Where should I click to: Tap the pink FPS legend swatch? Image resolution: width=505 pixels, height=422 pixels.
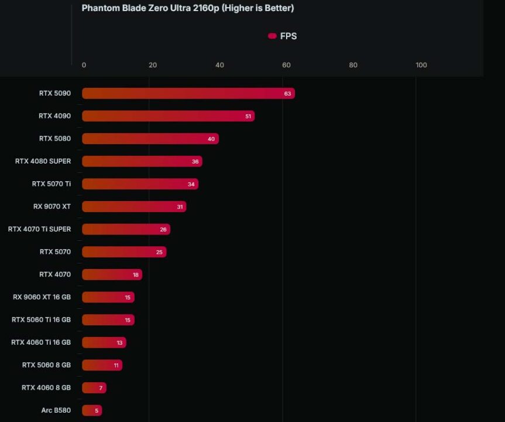[x=272, y=36]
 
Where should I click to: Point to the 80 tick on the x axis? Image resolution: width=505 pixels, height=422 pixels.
[x=353, y=65]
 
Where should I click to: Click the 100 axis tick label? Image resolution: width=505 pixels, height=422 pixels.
[x=421, y=65]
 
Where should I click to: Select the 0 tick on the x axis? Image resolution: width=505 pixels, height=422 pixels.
[x=84, y=65]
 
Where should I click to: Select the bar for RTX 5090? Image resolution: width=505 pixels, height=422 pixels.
[x=188, y=93]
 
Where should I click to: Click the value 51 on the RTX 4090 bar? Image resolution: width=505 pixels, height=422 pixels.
[x=248, y=116]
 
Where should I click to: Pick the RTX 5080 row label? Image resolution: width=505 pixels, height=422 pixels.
[x=55, y=138]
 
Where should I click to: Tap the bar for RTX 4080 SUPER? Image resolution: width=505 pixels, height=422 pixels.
[x=142, y=161]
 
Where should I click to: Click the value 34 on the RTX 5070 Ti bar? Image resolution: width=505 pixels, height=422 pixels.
[x=191, y=184]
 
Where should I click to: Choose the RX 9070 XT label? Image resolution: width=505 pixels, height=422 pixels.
[x=52, y=206]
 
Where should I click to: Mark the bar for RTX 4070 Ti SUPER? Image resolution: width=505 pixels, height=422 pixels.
[x=126, y=229]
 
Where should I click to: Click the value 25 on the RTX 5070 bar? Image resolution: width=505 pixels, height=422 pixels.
[x=159, y=252]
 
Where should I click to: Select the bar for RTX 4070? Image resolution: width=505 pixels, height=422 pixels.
[x=112, y=274]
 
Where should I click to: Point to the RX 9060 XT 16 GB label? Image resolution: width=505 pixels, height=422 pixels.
[x=42, y=297]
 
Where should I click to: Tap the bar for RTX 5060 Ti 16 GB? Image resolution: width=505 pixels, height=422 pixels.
[x=108, y=320]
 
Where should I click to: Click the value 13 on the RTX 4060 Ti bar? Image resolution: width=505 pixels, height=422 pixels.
[x=119, y=343]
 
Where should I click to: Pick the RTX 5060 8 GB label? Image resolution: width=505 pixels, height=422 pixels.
[x=46, y=365]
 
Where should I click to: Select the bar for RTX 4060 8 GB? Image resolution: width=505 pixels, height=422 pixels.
[x=94, y=388]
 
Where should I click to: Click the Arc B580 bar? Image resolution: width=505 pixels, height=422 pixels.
[x=92, y=410]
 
